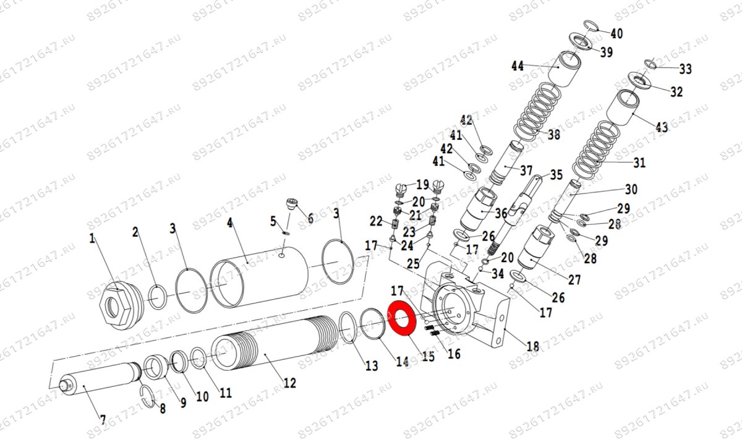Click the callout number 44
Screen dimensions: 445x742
click(x=518, y=66)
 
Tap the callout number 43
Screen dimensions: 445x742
click(x=662, y=127)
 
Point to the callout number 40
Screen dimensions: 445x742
click(x=616, y=33)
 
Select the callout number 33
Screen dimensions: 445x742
click(x=685, y=69)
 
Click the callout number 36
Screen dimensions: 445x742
click(x=501, y=213)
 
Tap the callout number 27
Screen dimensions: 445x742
click(x=574, y=279)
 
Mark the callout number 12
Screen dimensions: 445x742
click(x=289, y=383)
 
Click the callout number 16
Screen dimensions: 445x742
click(x=454, y=354)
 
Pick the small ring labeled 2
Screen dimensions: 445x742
click(x=158, y=295)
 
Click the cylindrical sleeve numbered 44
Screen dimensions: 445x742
click(x=569, y=67)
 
